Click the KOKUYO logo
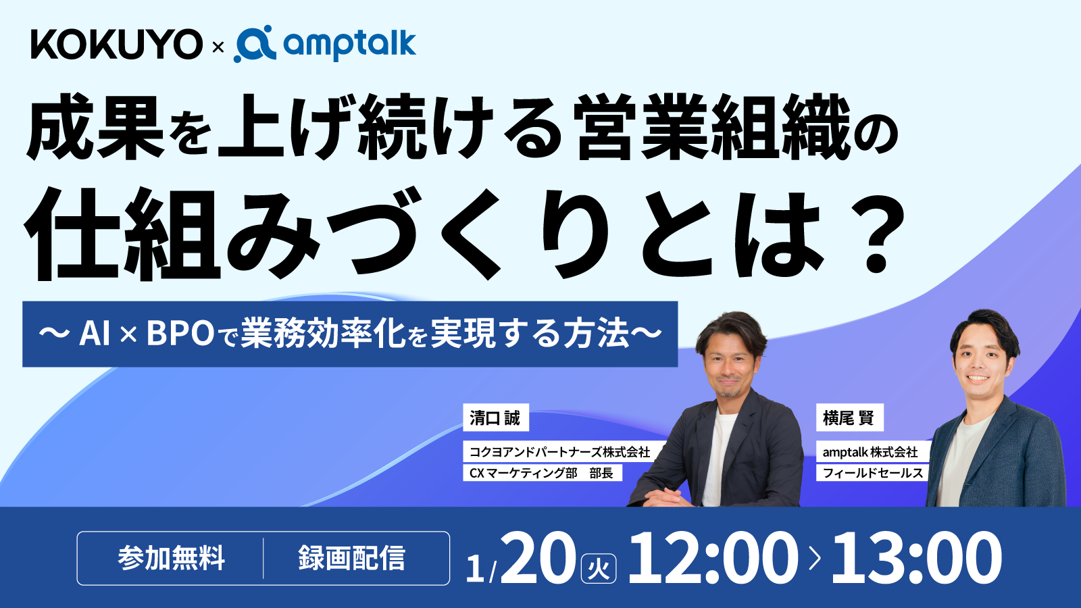point(116,45)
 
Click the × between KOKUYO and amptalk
point(218,47)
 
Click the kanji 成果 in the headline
point(95,128)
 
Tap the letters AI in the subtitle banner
point(95,333)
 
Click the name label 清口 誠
point(495,418)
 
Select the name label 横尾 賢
point(849,418)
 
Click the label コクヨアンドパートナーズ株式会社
point(559,452)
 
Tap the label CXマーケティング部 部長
point(541,473)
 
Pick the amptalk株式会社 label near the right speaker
point(870,452)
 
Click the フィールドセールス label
point(872,473)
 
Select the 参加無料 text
point(171,558)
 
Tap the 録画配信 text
point(351,558)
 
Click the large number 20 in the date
point(538,558)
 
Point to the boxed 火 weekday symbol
point(599,568)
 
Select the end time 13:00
point(916,558)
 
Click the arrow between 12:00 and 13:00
point(815,558)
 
